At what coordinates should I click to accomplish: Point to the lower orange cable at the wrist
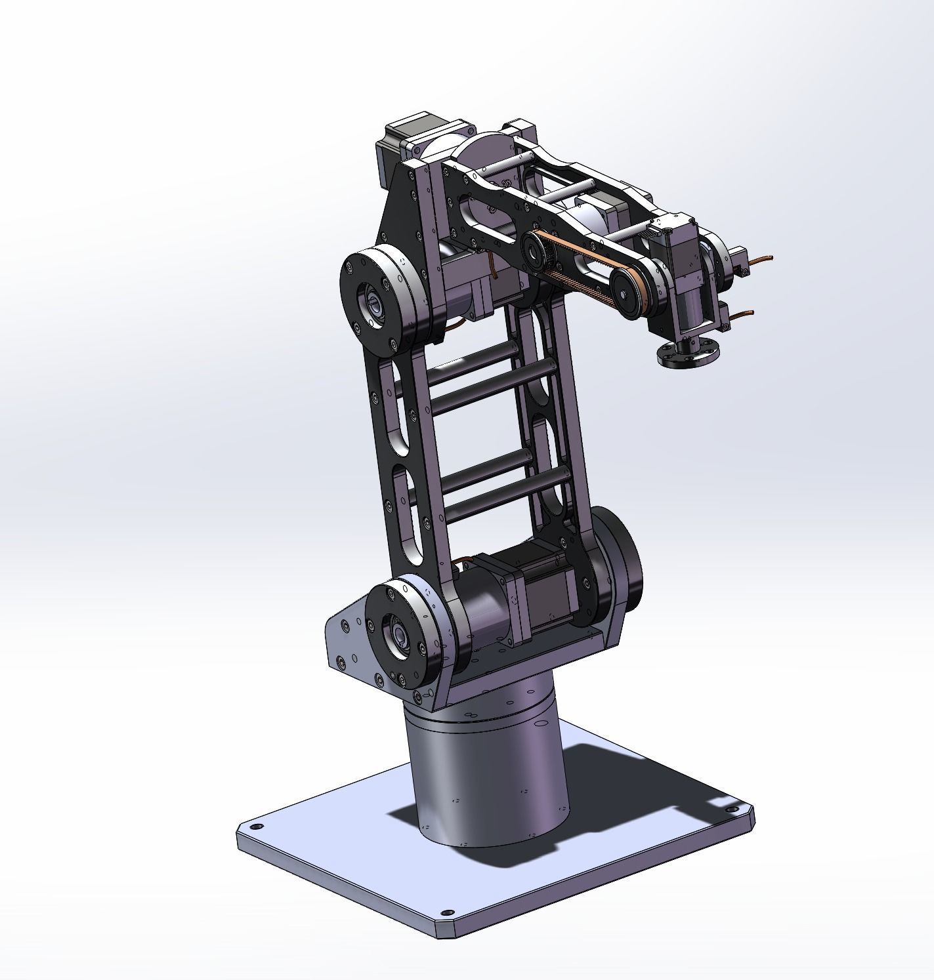[x=742, y=314]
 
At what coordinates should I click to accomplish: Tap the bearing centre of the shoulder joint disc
[x=398, y=635]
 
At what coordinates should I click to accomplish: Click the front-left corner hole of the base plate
[x=257, y=828]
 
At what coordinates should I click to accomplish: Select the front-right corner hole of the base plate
[x=448, y=912]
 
